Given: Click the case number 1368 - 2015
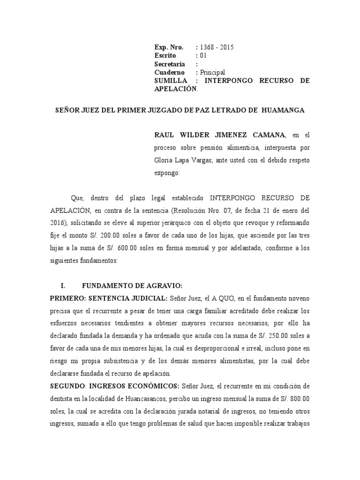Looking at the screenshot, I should pos(217,47).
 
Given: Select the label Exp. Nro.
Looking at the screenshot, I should pos(169,47).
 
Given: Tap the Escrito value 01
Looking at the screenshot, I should pos(203,55).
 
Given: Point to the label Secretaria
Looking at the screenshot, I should pos(170,64).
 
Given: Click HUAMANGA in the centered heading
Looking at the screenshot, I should pos(284,110).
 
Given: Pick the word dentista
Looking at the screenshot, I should pos(62,398).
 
